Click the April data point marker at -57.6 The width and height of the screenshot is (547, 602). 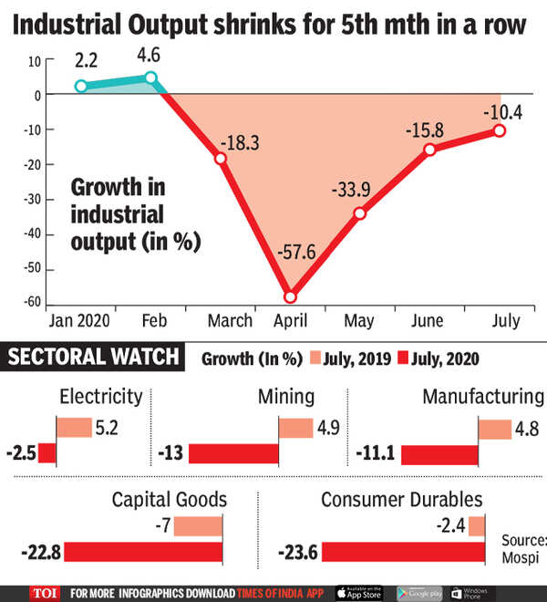pos(291,296)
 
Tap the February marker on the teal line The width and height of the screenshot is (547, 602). pos(151,78)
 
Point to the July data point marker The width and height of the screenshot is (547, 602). pos(500,130)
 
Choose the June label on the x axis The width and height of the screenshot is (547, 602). pos(427,321)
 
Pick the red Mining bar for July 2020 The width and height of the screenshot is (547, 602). pos(233,453)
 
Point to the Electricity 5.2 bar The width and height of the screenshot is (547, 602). pos(75,428)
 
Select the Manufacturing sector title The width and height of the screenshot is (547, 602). pos(483,397)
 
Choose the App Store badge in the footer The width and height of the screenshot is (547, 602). pos(362,591)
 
